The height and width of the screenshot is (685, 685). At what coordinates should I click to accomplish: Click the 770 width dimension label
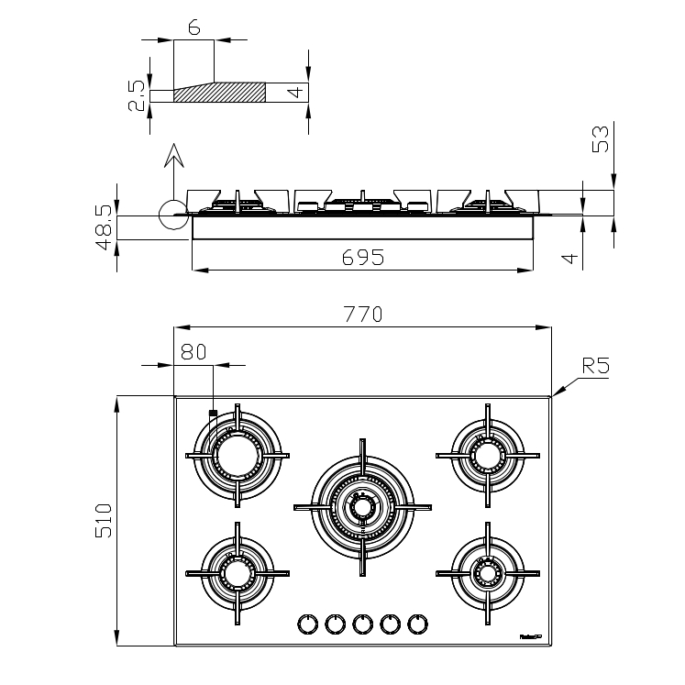pos(362,314)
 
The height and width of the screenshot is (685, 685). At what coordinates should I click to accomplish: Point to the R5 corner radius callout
pos(595,367)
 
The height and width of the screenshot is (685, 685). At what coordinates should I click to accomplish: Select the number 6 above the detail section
pos(193,28)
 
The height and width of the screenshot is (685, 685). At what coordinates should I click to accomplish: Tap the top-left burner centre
pos(238,454)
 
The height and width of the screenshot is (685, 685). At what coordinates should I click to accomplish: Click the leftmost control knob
pos(306,624)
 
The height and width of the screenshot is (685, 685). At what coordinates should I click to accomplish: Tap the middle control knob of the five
pos(362,624)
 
